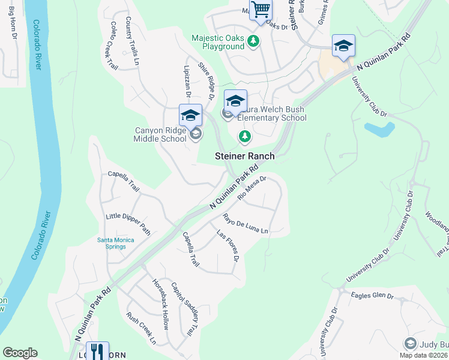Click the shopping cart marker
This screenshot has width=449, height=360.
pos(261,10)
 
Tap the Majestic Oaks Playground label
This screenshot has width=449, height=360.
pos(218,42)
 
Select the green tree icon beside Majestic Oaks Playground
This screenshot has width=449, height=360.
pos(254,41)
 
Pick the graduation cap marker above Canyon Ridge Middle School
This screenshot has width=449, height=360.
pos(190,115)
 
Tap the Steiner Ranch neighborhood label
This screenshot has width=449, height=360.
pos(245,156)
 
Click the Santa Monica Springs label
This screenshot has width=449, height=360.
pos(116,243)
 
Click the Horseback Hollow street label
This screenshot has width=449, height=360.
pos(160,304)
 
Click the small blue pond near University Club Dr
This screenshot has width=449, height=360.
pos(379,128)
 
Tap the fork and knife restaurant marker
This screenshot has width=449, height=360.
pos(97,351)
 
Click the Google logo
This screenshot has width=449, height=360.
pos(20,353)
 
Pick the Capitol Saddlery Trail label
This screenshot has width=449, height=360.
pos(184,309)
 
